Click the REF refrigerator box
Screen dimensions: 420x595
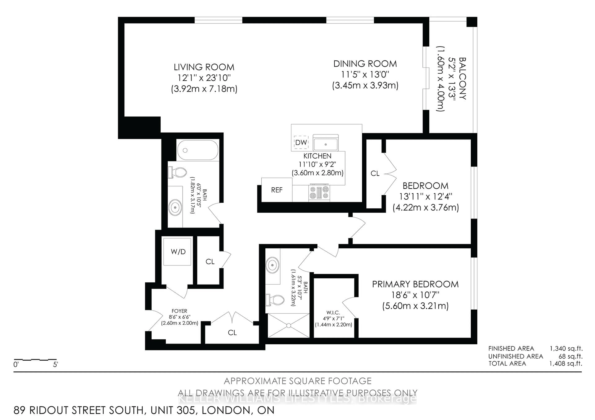click(x=277, y=190)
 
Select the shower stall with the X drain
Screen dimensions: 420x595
click(x=288, y=325)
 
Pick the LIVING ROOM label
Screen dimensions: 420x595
click(x=204, y=67)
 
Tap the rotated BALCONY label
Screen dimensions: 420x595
click(x=462, y=79)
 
